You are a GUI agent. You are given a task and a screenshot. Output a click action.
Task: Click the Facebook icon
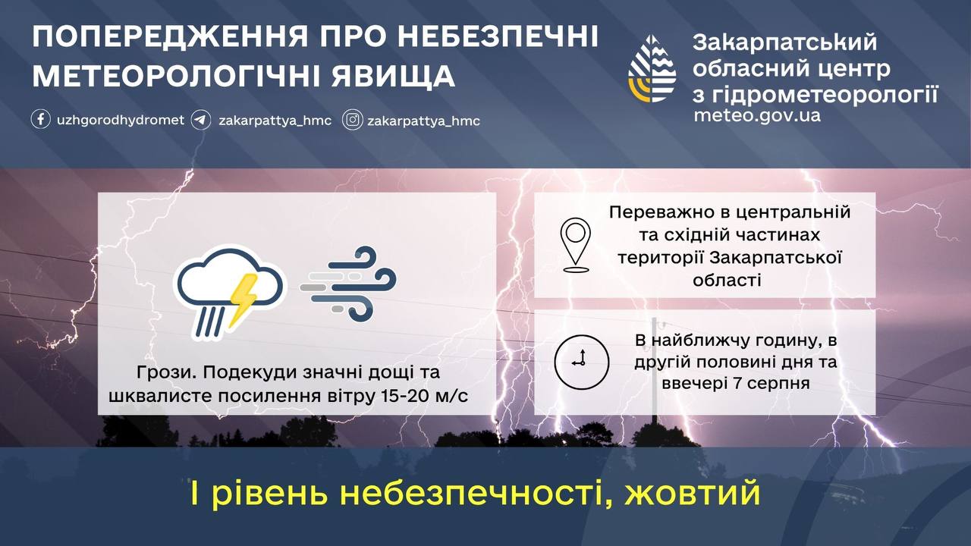pyautogui.click(x=41, y=119)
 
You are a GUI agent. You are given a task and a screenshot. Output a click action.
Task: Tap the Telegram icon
pyautogui.click(x=201, y=120)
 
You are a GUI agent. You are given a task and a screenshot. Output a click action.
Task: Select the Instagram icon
pyautogui.click(x=353, y=120)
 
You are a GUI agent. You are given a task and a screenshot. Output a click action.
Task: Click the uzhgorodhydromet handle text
pyautogui.click(x=121, y=120)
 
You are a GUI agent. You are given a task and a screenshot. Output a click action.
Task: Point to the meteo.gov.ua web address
pyautogui.click(x=757, y=116)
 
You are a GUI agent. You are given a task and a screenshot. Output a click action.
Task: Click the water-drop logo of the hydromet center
pyautogui.click(x=652, y=68)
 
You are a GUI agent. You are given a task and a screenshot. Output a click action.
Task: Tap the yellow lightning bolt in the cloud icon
pyautogui.click(x=244, y=300)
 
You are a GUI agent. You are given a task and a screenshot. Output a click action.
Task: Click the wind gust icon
pyautogui.click(x=348, y=284)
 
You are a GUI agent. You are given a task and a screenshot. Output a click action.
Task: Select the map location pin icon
pyautogui.click(x=576, y=245)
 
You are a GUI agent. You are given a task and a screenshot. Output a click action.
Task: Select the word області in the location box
pyautogui.click(x=727, y=280)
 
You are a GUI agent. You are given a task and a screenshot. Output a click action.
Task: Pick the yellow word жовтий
pyautogui.click(x=693, y=493)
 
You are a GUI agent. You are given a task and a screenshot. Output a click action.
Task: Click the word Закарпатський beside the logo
pyautogui.click(x=784, y=42)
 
